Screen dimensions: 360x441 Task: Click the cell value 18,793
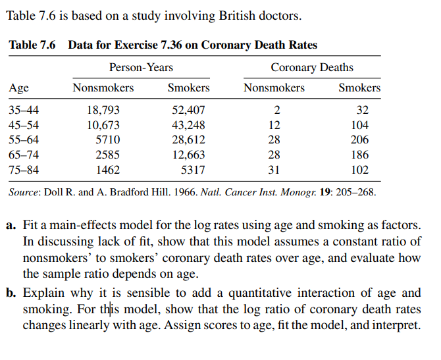tap(103, 110)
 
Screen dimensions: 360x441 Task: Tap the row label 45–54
tap(23, 125)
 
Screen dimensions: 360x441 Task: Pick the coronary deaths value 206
tap(359, 140)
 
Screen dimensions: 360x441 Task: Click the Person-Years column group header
tap(141, 68)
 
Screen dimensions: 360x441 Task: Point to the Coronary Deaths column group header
tap(311, 68)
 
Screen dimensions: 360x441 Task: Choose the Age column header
tap(18, 88)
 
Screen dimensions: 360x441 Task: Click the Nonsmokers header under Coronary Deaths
tap(274, 88)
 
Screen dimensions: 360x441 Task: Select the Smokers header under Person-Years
tap(188, 88)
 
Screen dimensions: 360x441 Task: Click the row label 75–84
tap(23, 170)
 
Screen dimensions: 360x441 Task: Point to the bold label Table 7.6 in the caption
tap(32, 45)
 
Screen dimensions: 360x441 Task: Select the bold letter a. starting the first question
tap(12, 225)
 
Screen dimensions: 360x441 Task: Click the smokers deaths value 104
tap(359, 125)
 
